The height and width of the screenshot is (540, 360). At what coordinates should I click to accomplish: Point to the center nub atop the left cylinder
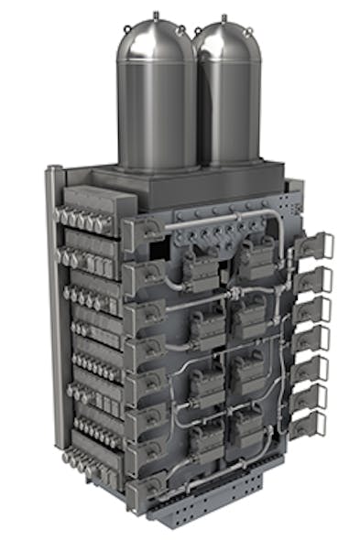[153, 13]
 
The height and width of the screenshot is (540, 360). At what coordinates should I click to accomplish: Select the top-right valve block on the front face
[257, 259]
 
